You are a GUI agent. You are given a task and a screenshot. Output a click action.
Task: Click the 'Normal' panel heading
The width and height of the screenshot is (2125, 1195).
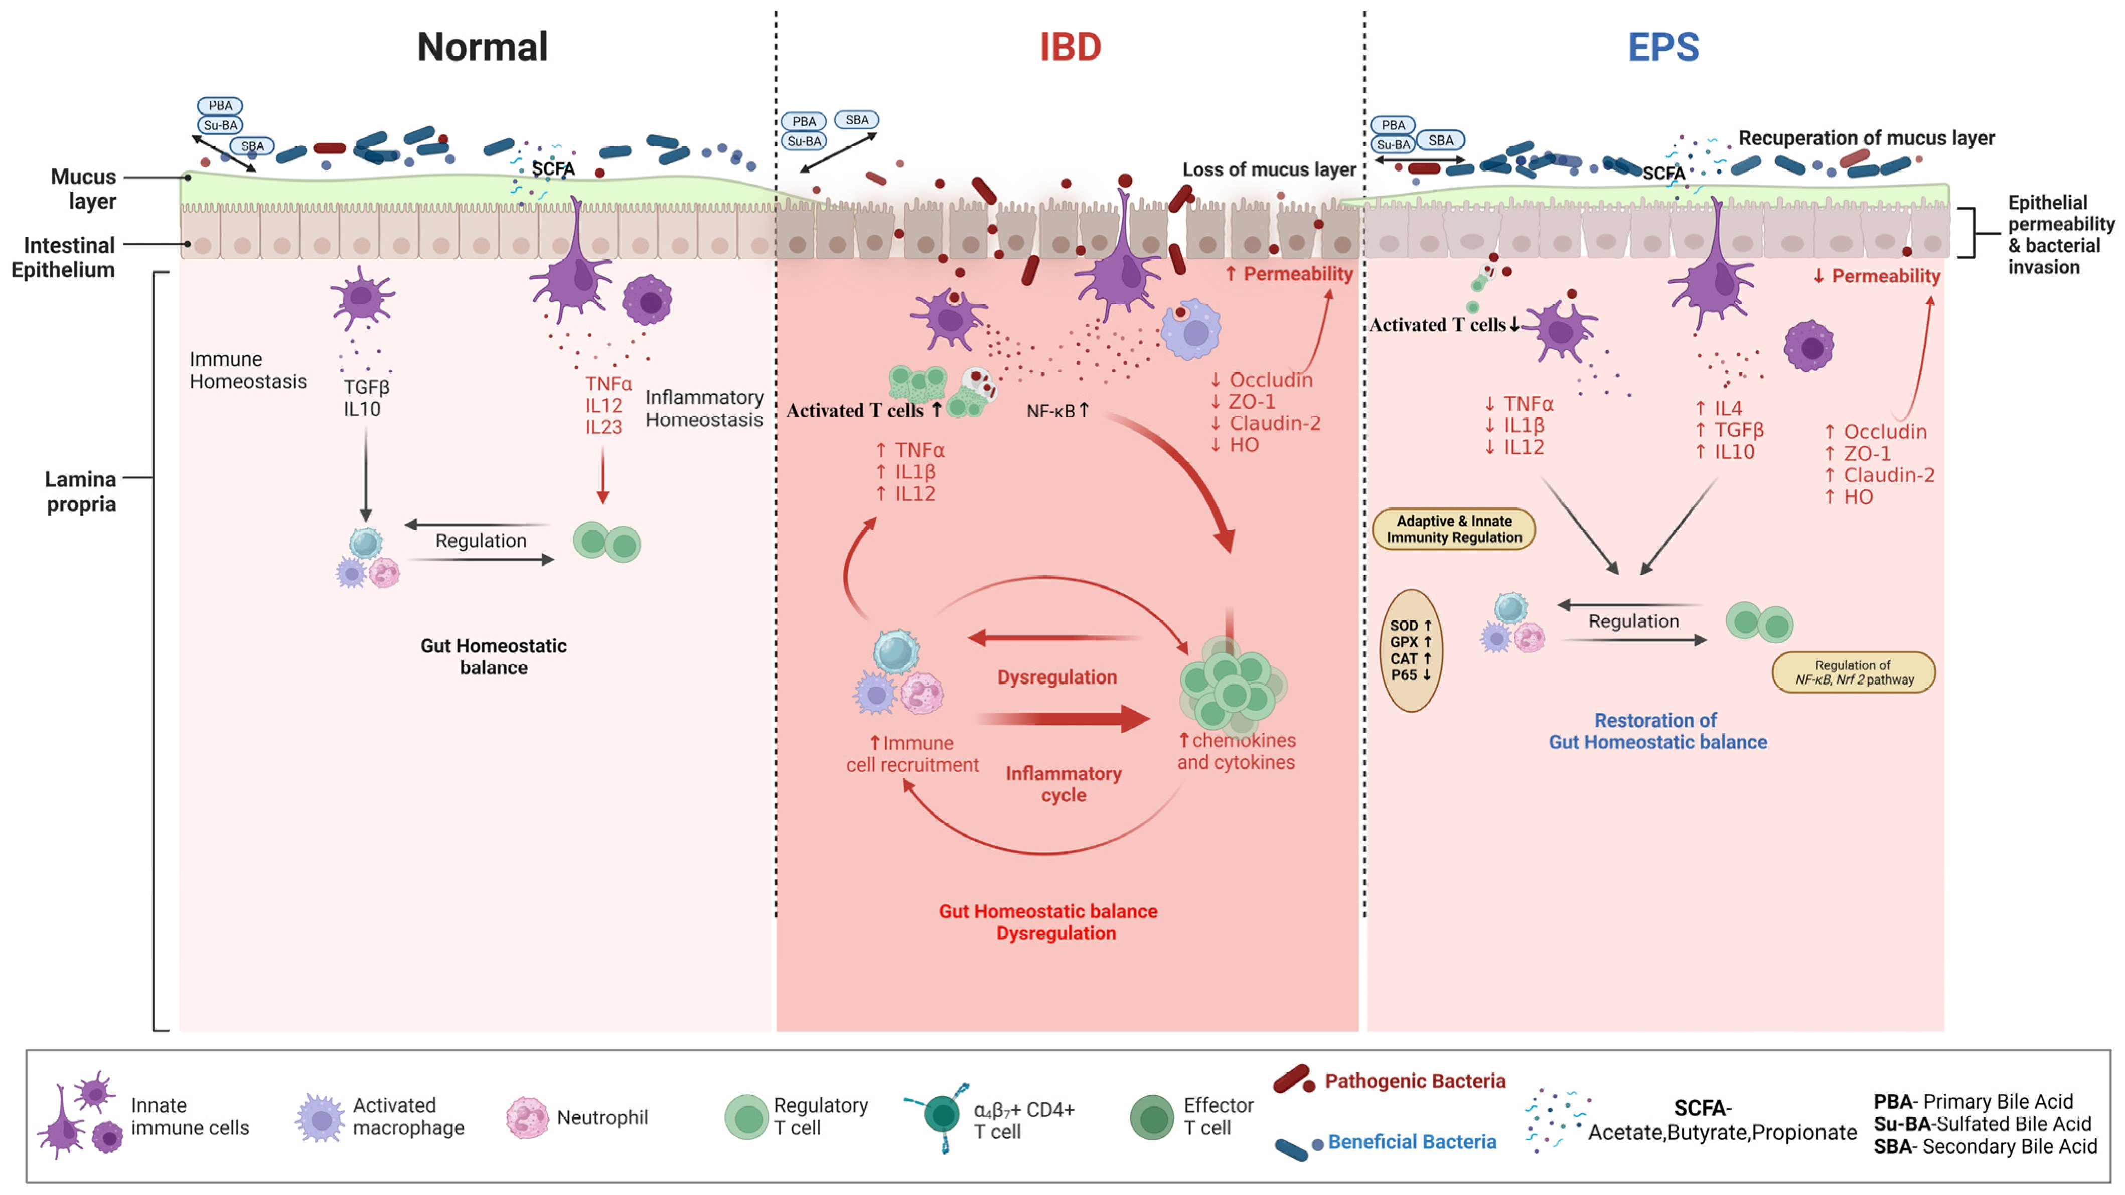pyautogui.click(x=483, y=47)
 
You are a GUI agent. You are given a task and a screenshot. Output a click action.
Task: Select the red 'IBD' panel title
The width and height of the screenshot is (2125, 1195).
pyautogui.click(x=1070, y=47)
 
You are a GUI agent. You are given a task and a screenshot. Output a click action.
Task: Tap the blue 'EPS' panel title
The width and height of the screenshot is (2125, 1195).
pyautogui.click(x=1663, y=47)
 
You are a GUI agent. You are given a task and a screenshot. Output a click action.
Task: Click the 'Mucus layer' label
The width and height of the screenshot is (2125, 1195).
pyautogui.click(x=83, y=189)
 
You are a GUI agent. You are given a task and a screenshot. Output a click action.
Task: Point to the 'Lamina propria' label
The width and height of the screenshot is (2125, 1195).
pyautogui.click(x=81, y=491)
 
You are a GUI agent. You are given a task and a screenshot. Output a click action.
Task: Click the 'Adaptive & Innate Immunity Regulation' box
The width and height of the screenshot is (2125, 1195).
pyautogui.click(x=1453, y=529)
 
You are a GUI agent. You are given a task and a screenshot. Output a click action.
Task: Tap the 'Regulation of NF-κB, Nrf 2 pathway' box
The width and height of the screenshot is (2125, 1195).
pyautogui.click(x=1853, y=672)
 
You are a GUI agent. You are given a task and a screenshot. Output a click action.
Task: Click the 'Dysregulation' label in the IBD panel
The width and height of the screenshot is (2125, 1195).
pyautogui.click(x=1056, y=677)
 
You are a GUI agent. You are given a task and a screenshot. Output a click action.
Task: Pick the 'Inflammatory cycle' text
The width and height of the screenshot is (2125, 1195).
pyautogui.click(x=1064, y=784)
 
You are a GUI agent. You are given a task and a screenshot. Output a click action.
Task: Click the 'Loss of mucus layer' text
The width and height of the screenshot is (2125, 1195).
pyautogui.click(x=1269, y=170)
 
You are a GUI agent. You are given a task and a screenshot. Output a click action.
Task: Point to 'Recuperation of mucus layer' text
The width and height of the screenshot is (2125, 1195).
pyautogui.click(x=1866, y=138)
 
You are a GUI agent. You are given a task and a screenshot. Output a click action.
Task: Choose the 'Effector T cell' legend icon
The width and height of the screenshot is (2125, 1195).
pyautogui.click(x=1152, y=1117)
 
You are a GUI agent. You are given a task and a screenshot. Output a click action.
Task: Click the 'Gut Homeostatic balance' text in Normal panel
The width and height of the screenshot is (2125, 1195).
pyautogui.click(x=493, y=656)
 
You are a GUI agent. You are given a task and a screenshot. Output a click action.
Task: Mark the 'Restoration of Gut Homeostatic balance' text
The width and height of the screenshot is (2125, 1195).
pyautogui.click(x=1657, y=731)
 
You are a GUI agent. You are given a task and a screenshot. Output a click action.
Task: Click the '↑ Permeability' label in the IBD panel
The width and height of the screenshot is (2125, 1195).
pyautogui.click(x=1289, y=274)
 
